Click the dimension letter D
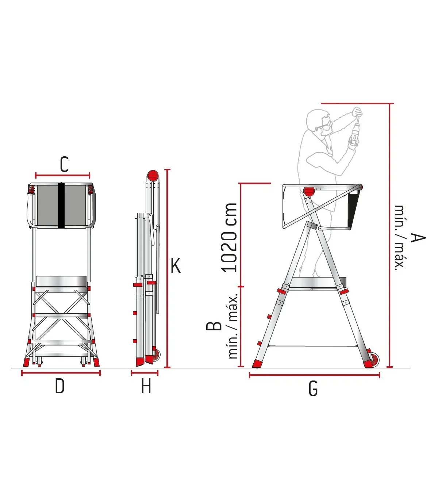(x=60, y=386)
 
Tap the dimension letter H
(x=146, y=386)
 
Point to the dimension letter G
(x=313, y=389)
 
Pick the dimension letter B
(x=214, y=326)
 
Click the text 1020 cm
(x=229, y=237)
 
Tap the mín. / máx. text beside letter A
(x=400, y=238)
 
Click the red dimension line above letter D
(x=61, y=373)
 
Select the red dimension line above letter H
(x=145, y=373)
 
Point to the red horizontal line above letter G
(x=314, y=375)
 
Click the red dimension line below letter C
(x=63, y=175)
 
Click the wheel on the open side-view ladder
(x=374, y=359)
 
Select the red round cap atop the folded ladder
(x=153, y=176)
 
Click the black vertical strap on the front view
(x=61, y=205)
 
